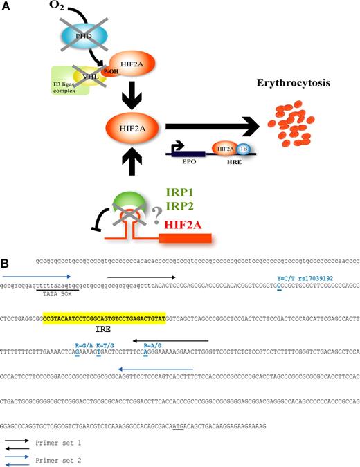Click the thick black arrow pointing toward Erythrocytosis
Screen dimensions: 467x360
tap(208, 127)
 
